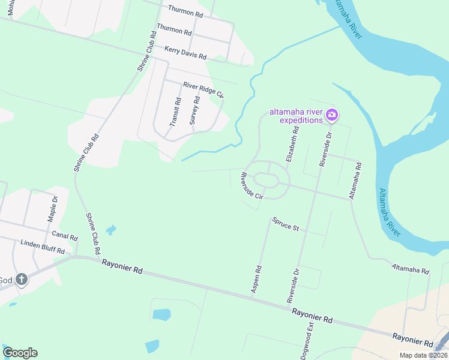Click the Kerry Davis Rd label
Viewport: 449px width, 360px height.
pyautogui.click(x=185, y=52)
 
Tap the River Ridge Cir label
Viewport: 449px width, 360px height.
pyautogui.click(x=203, y=89)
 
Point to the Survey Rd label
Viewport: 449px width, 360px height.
pyautogui.click(x=194, y=110)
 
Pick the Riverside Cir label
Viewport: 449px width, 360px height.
pyautogui.click(x=252, y=186)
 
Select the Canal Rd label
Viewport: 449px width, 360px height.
pyautogui.click(x=65, y=235)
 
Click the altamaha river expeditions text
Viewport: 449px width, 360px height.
pyautogui.click(x=296, y=116)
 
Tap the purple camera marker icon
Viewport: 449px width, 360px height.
pyautogui.click(x=332, y=114)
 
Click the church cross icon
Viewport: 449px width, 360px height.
pyautogui.click(x=21, y=280)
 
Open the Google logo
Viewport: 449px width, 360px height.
pyautogui.click(x=20, y=353)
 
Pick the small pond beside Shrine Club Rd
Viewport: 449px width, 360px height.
pyautogui.click(x=111, y=229)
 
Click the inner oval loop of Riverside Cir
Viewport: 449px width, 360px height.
pyautogui.click(x=267, y=179)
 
